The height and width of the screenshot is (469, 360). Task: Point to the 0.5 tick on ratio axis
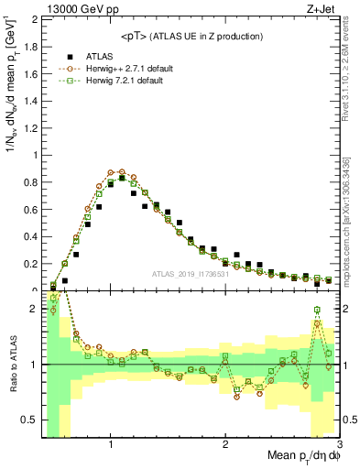click(x=31, y=419)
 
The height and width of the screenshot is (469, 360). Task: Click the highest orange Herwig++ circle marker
click(x=111, y=171)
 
